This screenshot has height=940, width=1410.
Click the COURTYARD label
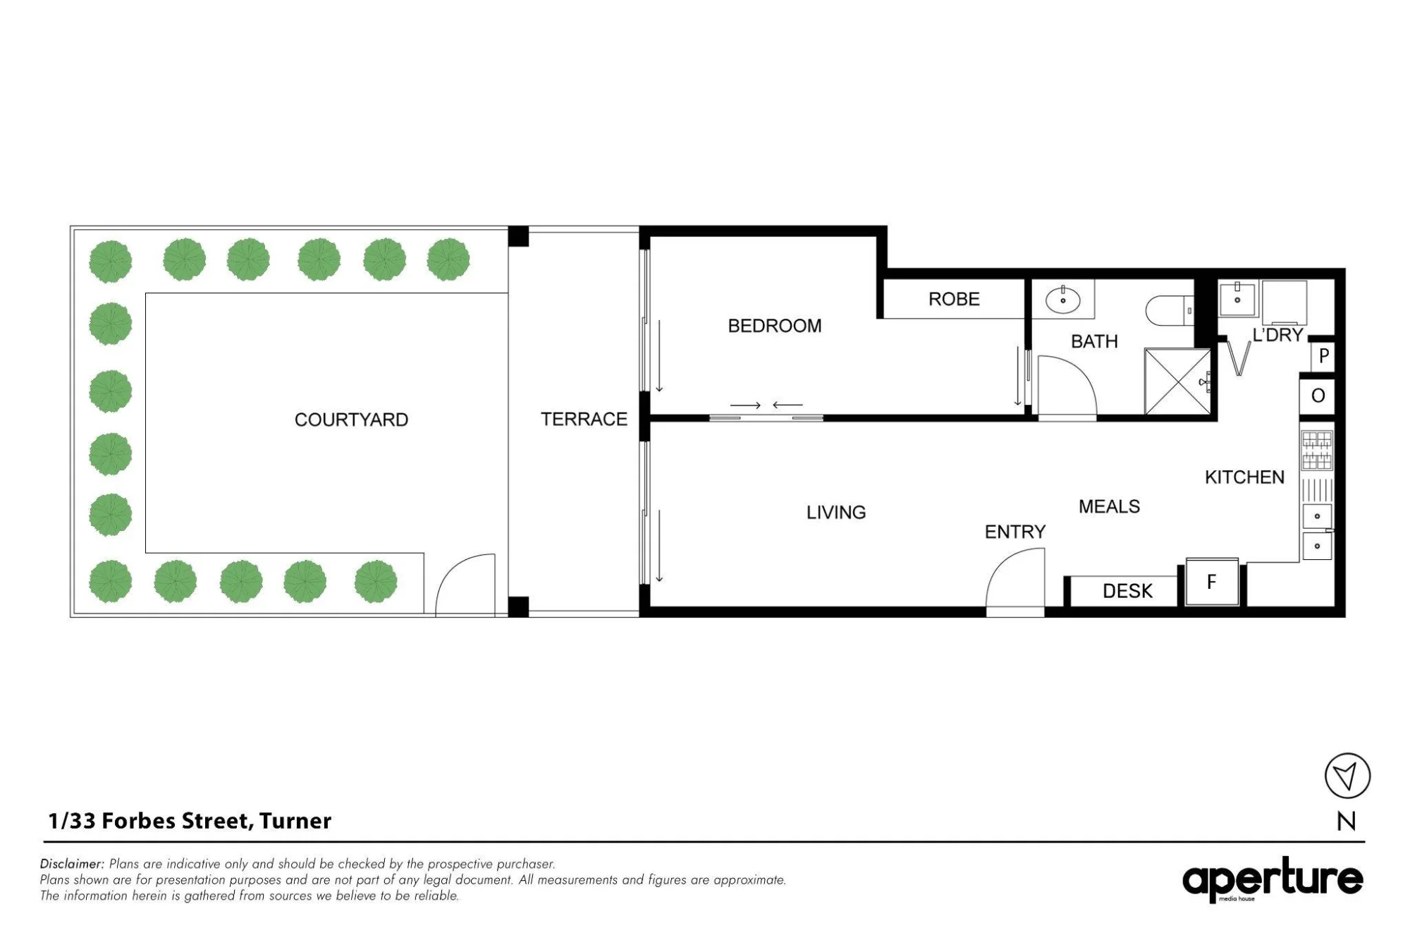click(x=351, y=420)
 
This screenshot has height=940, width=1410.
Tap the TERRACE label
click(x=584, y=419)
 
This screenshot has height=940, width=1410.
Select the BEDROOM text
click(x=775, y=326)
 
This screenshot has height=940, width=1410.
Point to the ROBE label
click(x=954, y=299)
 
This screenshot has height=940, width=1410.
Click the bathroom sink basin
click(x=1062, y=300)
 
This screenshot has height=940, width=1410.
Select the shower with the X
click(x=1177, y=382)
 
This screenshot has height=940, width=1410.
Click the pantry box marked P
click(x=1323, y=356)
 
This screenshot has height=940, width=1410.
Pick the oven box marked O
click(x=1318, y=396)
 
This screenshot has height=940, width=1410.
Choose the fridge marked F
click(x=1212, y=582)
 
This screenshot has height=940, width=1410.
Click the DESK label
click(x=1127, y=591)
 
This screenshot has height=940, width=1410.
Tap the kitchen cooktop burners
click(x=1317, y=450)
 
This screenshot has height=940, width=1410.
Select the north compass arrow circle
click(x=1347, y=776)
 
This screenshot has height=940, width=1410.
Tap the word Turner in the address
click(x=295, y=821)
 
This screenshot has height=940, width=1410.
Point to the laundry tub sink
click(x=1237, y=300)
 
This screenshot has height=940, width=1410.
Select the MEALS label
click(x=1109, y=506)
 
